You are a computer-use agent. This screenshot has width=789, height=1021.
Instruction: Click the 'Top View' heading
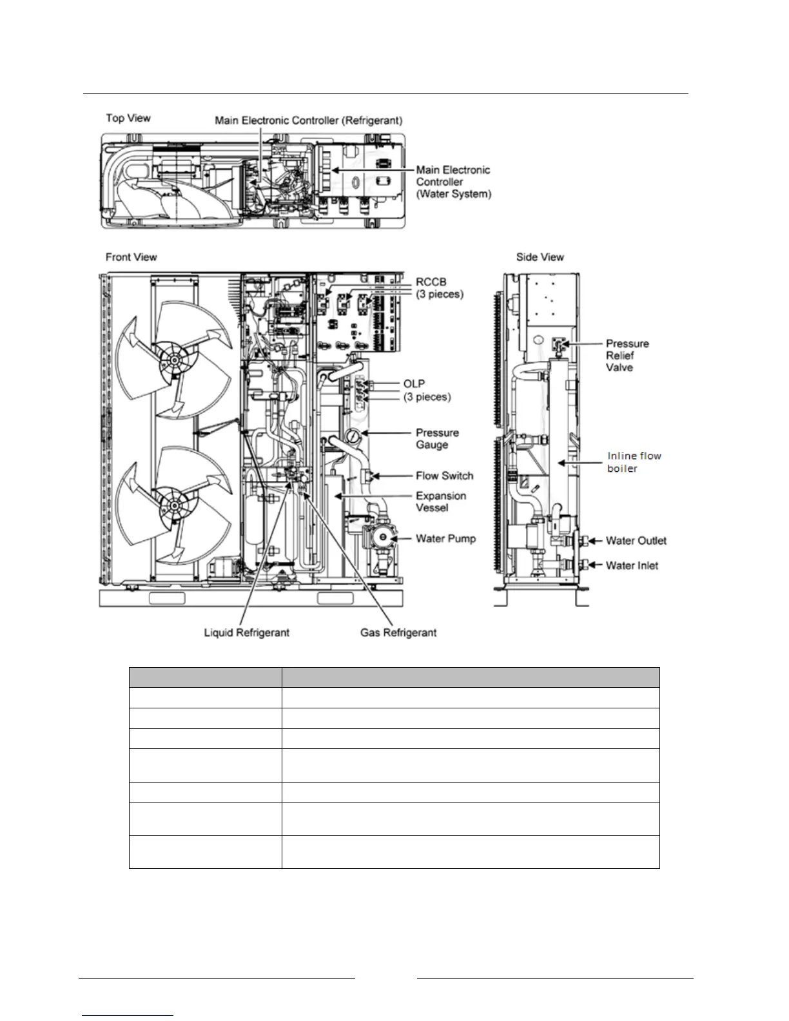point(128,118)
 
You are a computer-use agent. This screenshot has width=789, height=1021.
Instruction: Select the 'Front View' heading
point(131,257)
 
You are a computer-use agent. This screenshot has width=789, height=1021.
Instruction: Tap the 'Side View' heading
point(540,257)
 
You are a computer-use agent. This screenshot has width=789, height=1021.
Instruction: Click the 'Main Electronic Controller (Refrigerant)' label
point(308,121)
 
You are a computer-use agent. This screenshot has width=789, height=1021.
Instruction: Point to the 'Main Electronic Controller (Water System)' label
point(453,182)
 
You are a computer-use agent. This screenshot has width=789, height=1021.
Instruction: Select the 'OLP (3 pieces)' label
point(427,390)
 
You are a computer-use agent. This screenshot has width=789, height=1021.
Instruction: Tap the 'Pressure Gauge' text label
point(437,438)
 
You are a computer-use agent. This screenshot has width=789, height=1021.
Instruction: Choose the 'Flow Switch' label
point(444,476)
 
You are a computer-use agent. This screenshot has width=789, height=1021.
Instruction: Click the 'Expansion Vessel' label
point(441,501)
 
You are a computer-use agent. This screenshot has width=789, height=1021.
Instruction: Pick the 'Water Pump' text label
point(445,538)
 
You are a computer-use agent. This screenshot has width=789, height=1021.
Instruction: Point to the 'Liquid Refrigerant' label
point(246,632)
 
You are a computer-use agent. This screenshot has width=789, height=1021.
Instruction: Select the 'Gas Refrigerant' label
point(398,632)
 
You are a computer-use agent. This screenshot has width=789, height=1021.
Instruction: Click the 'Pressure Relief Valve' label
point(627,355)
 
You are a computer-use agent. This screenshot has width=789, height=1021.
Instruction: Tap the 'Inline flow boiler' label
point(634,462)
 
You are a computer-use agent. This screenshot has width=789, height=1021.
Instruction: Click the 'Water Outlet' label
point(636,541)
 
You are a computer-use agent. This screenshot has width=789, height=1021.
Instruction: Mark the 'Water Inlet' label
point(632,565)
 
